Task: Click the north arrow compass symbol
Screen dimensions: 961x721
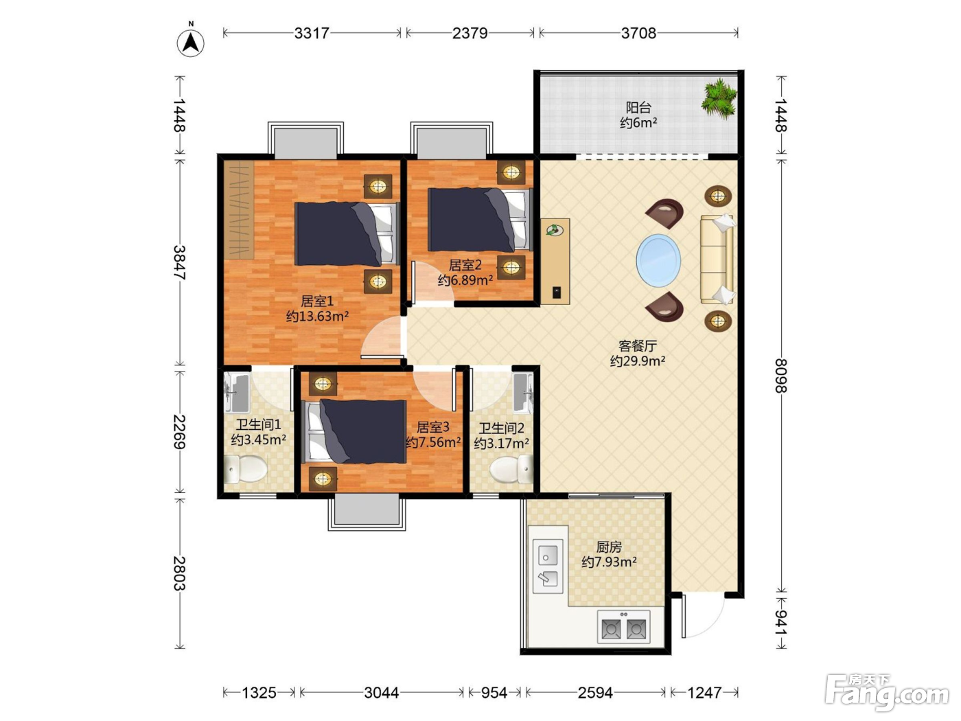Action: pyautogui.click(x=190, y=43)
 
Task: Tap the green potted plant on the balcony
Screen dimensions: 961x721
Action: pyautogui.click(x=719, y=99)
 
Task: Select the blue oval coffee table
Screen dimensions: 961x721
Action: pyautogui.click(x=658, y=260)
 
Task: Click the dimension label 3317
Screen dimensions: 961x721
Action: pyautogui.click(x=311, y=33)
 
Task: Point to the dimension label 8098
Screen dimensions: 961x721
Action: pyautogui.click(x=780, y=376)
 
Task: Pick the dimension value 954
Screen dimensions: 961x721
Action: pyautogui.click(x=494, y=693)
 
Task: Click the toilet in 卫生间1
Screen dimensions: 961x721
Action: pyautogui.click(x=245, y=469)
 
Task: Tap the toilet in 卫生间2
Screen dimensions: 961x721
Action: pyautogui.click(x=511, y=469)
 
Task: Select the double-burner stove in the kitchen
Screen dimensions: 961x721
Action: pyautogui.click(x=623, y=628)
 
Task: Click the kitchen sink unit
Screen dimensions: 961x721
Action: pyautogui.click(x=547, y=566)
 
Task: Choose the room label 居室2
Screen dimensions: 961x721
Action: pyautogui.click(x=465, y=265)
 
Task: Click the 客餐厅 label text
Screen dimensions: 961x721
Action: pyautogui.click(x=638, y=346)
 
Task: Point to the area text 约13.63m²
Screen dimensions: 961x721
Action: pyautogui.click(x=317, y=316)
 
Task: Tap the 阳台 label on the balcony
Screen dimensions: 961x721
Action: pyautogui.click(x=638, y=107)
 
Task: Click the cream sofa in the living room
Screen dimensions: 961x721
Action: pyautogui.click(x=717, y=259)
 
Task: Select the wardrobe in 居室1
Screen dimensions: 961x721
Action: pyautogui.click(x=239, y=209)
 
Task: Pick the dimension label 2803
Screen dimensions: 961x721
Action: pyautogui.click(x=179, y=573)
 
